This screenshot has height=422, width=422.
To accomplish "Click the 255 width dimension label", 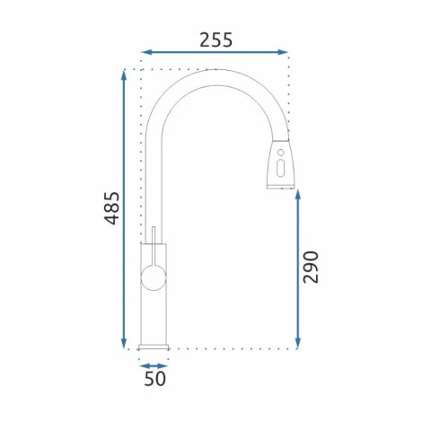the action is tap(215, 40).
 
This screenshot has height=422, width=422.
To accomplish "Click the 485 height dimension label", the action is tap(111, 208).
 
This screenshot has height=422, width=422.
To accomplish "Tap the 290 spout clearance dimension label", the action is tap(311, 268).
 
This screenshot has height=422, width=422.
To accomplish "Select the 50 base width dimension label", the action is tap(154, 378).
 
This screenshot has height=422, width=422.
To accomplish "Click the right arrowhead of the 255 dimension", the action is tap(283, 52).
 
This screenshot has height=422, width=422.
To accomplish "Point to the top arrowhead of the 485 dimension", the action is tap(124, 75).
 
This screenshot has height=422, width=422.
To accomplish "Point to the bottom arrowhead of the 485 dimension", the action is tap(124, 344).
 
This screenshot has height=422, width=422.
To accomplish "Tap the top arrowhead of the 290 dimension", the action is tap(297, 196).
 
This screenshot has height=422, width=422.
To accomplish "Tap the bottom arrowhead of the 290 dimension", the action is tap(297, 344).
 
